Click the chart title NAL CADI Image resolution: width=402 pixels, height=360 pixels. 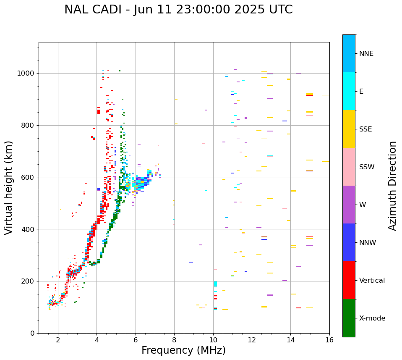coord(178,10)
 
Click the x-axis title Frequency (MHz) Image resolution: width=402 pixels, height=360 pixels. coord(183,350)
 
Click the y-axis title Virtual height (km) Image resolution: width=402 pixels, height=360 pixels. coord(9,188)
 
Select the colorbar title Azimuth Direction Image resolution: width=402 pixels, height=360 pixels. coord(392,186)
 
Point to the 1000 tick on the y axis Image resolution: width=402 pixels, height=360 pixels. coord(27,73)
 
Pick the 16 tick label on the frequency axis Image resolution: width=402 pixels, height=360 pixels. coord(329,340)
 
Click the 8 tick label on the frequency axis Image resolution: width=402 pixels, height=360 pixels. coord(174,340)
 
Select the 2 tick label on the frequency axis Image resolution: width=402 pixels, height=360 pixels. coord(58,340)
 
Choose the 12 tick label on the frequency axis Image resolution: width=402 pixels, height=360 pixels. coord(252,340)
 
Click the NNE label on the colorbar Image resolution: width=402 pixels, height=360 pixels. coord(366,54)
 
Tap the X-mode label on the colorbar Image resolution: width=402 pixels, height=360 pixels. coord(372,318)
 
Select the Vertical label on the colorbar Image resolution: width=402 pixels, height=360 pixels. coord(372,281)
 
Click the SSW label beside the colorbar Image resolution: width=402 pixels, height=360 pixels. coord(367,167)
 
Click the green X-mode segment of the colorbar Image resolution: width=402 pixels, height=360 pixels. coord(349,318)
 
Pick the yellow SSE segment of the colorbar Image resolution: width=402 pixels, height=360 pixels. coord(349,129)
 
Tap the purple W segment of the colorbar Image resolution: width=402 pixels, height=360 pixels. coord(349,205)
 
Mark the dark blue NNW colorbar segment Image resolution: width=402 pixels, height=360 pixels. coord(349,242)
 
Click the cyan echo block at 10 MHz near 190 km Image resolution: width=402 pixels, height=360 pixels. coord(215,284)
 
